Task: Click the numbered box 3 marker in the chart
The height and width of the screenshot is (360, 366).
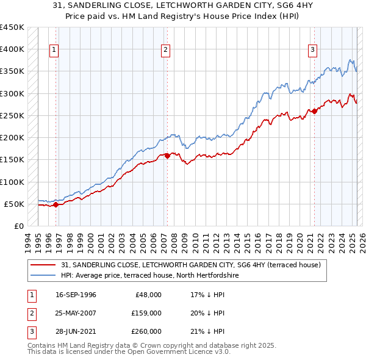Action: (x=312, y=50)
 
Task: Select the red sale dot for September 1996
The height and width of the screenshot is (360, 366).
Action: (x=56, y=205)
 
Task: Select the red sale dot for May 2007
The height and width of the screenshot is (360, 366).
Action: (x=167, y=156)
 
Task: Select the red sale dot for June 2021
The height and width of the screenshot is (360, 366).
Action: (x=315, y=111)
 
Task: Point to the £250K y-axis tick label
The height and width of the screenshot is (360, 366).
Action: (x=12, y=115)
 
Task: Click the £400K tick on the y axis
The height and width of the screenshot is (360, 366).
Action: (x=12, y=49)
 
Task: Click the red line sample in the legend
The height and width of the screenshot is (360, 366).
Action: (x=43, y=265)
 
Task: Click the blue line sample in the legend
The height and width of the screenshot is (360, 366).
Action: (x=43, y=275)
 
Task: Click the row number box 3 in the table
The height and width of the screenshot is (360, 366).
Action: (x=30, y=331)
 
